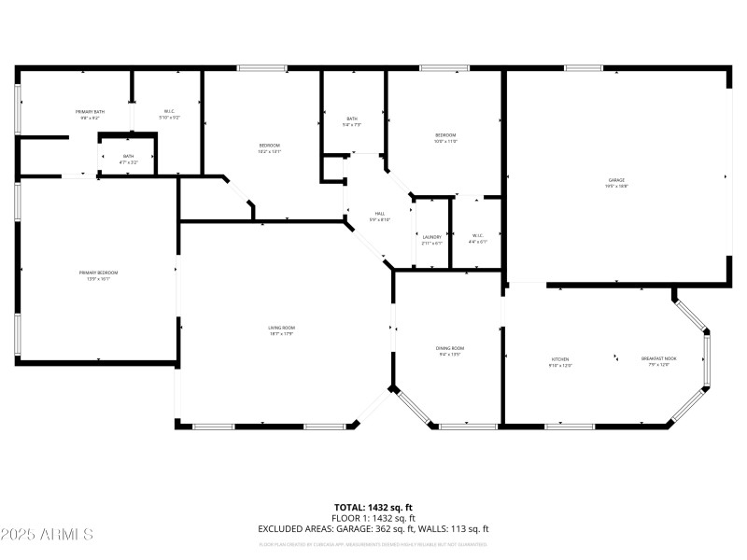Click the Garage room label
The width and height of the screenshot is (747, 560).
coord(616,180)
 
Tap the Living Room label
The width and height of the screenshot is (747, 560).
coord(281,328)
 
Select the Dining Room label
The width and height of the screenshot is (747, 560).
coord(449,349)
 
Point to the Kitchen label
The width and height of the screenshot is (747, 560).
coord(559,359)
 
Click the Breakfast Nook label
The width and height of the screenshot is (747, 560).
coord(658,359)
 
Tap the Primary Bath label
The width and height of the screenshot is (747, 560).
coord(91,112)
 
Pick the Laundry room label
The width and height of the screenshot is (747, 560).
coord(431,237)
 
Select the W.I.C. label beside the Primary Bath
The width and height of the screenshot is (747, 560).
coord(169,111)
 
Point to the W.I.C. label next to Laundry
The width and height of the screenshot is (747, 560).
coord(477,236)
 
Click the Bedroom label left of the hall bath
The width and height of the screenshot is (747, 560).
coord(269,146)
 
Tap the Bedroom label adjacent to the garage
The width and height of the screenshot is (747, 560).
coord(445,136)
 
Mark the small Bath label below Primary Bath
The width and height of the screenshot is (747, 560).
coord(128,157)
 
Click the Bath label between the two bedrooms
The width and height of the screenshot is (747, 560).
coord(352,119)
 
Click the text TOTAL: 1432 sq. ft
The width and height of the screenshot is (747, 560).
coord(373,508)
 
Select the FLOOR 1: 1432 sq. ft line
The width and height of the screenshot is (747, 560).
coord(373,518)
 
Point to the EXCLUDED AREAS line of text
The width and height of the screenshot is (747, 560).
coord(373,528)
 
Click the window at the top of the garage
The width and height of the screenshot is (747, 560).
coord(583,67)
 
